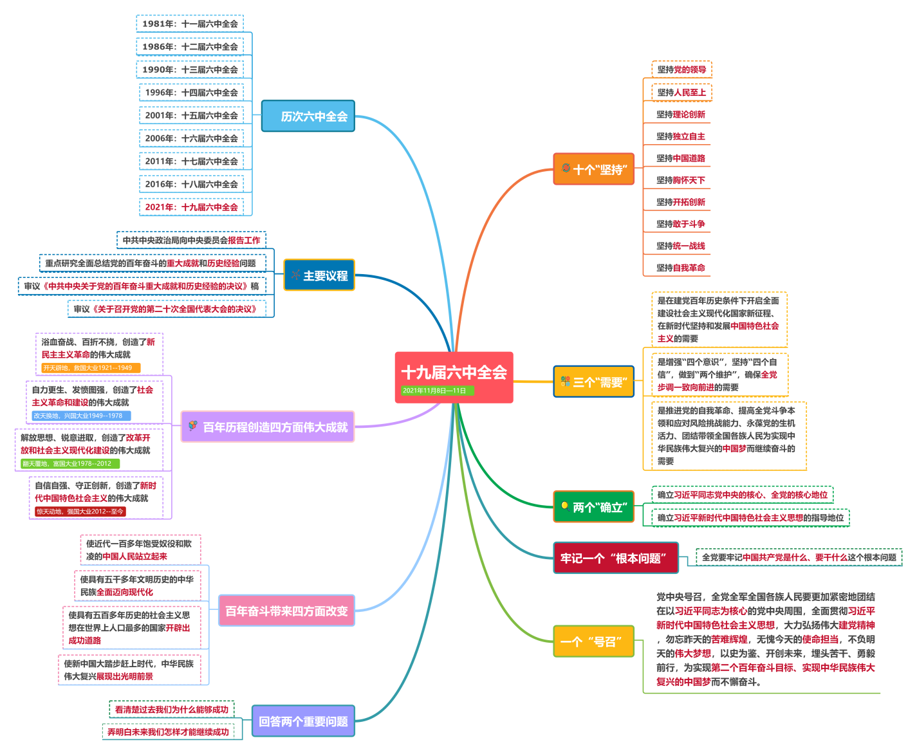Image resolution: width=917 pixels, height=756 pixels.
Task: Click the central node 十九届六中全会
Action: pos(454,373)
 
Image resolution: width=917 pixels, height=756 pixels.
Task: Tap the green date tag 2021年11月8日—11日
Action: pos(434,391)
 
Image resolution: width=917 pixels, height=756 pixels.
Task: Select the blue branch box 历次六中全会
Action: pos(308,116)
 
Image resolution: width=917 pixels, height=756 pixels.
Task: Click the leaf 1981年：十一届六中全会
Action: pos(190,24)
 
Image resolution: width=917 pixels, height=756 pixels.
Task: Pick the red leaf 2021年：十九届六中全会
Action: pos(191,207)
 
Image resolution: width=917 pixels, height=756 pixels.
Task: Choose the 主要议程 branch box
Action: pos(319,275)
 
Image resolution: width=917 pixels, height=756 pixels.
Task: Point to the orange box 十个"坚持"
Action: pos(594,169)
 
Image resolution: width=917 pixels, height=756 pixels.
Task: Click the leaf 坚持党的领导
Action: pos(681,69)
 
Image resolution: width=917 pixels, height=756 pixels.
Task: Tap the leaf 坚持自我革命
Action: pos(680,268)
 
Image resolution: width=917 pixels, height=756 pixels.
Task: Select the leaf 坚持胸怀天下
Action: pos(680,180)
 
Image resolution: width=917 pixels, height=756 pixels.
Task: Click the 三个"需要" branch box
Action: pos(594,382)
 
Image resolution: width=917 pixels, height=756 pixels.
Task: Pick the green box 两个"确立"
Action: pos(594,507)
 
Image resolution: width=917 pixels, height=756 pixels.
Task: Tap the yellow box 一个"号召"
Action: pos(594,641)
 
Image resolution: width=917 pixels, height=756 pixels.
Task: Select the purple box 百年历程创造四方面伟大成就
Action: pos(268,427)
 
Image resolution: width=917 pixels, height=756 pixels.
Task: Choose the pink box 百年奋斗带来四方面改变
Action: pos(286,611)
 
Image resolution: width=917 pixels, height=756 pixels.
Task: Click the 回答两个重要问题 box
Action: pos(303,721)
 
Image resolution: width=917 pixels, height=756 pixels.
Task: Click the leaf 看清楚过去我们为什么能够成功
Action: pos(171,710)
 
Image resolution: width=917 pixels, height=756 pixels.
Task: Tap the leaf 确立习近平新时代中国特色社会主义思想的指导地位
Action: pos(750,517)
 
